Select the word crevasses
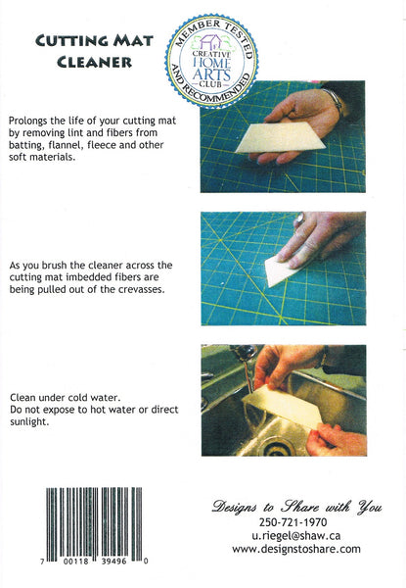pos(145,291)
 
